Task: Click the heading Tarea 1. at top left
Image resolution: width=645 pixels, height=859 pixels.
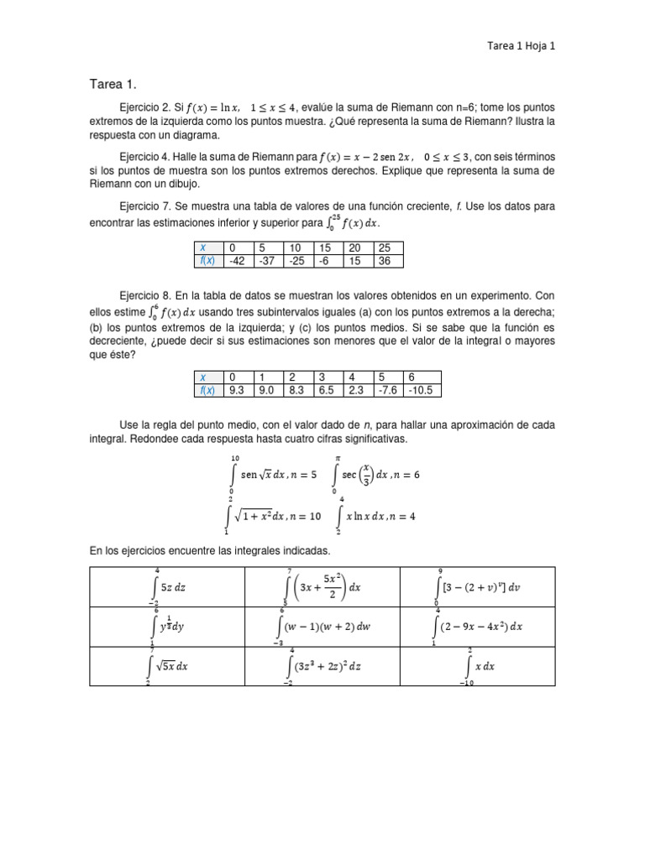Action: point(113,84)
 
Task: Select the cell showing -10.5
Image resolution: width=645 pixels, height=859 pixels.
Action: point(423,390)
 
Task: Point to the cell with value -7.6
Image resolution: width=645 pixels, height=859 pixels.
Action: point(391,390)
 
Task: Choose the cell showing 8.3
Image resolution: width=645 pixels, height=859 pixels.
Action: point(297,390)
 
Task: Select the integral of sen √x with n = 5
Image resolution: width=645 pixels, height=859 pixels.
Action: point(273,474)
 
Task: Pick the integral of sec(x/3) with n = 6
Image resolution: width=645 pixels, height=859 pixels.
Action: point(376,474)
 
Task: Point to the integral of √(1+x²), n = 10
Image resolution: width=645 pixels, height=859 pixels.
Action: point(273,516)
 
